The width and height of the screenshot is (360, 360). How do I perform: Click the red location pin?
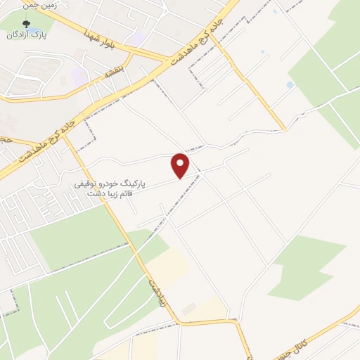tap(181, 165)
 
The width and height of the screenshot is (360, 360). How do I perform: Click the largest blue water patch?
tap(290, 85)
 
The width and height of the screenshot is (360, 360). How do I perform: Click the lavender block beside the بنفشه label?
tap(79, 75)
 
